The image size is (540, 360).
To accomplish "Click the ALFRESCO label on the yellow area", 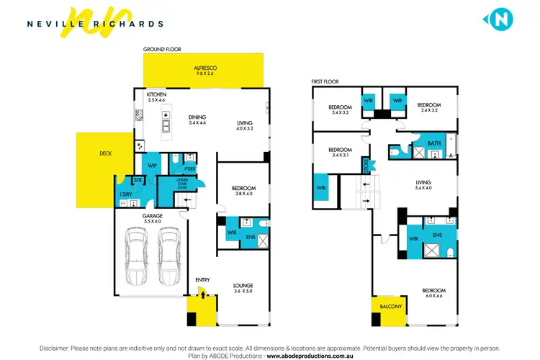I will coord(204,71).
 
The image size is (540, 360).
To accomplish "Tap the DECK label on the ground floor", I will coord(106,153).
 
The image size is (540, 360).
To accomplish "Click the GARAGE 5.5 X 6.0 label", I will coord(153,218).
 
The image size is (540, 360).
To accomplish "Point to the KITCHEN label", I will coord(157,97).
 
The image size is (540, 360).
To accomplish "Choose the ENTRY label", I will coord(202,279).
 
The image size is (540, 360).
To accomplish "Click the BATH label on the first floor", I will coord(433,143).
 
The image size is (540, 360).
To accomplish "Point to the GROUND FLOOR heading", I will coord(162,49).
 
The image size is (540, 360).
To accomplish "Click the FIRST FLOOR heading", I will coord(325,82).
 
